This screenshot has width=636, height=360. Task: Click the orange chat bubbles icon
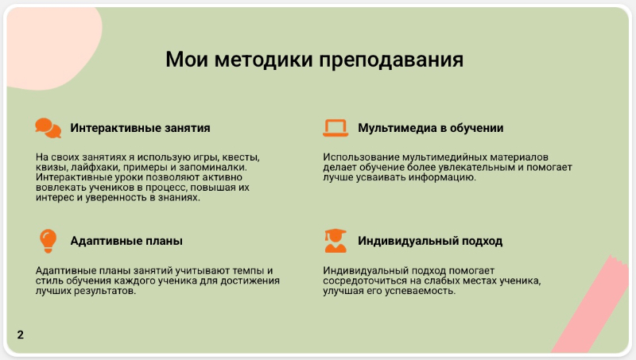point(48,128)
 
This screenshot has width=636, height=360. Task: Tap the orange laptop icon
point(335,128)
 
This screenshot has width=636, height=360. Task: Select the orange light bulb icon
point(48,241)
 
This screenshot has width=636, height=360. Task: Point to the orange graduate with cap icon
point(335,241)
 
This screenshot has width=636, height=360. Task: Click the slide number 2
point(21,335)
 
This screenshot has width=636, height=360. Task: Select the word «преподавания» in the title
point(391,60)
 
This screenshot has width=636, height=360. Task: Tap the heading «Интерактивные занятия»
point(141,128)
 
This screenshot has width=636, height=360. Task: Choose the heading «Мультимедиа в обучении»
point(431,128)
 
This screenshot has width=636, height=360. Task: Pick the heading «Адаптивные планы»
point(126,241)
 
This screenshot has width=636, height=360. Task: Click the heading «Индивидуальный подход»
point(430,242)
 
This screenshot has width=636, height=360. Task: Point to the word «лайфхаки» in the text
point(95,168)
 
